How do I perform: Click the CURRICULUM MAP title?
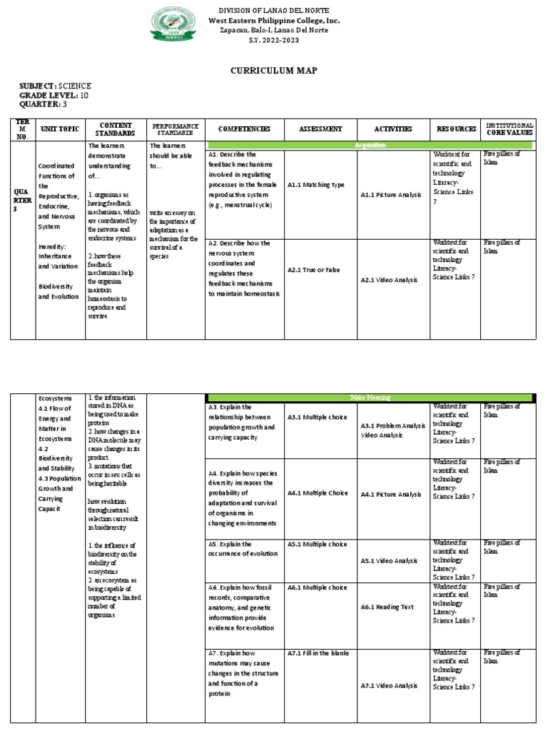tap(273, 70)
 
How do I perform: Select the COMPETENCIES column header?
tap(245, 129)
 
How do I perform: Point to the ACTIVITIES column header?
tap(393, 129)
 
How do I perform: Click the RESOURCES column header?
tap(457, 129)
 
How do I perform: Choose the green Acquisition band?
tap(369, 145)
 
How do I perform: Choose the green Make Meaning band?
tap(369, 397)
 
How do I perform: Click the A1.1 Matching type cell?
tap(316, 185)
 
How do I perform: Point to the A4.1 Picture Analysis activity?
tap(391, 494)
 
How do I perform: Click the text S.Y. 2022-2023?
tap(274, 41)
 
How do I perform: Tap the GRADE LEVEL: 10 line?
tap(44, 96)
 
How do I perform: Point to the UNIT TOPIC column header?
tap(59, 129)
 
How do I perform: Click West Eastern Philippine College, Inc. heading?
tap(274, 21)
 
